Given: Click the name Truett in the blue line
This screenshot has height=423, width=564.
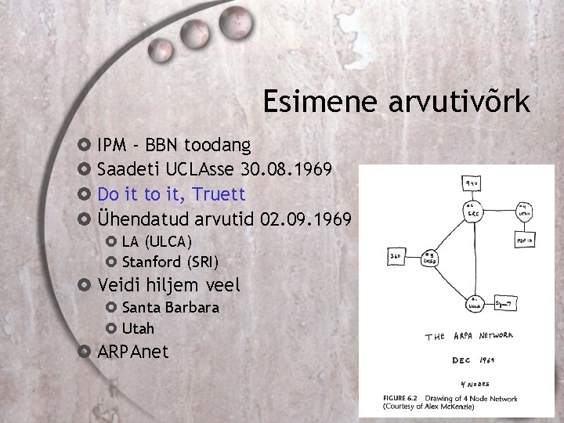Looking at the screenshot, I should [x=219, y=193].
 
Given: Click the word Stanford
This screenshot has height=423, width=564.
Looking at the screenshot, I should [x=151, y=261].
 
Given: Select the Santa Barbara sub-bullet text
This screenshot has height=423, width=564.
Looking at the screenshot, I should [x=171, y=307].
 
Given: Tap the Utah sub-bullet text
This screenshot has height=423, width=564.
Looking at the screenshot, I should [x=138, y=327].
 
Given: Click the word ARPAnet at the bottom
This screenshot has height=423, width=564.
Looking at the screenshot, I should [x=133, y=352].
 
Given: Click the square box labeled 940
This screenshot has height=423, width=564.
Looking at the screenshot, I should [x=473, y=184].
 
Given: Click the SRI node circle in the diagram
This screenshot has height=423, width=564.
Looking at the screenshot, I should [x=472, y=212].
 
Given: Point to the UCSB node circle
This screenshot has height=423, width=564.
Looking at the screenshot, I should [x=429, y=258].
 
